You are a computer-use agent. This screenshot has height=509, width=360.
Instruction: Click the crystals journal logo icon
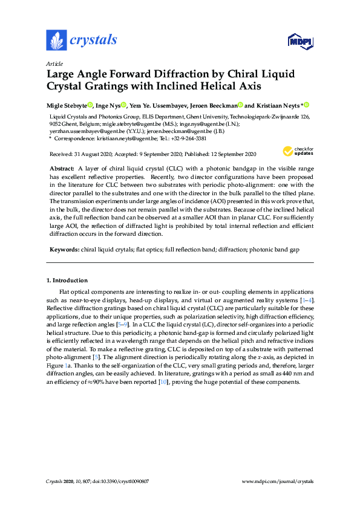(56, 40)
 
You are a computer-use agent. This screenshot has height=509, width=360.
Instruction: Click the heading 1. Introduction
(67, 280)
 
